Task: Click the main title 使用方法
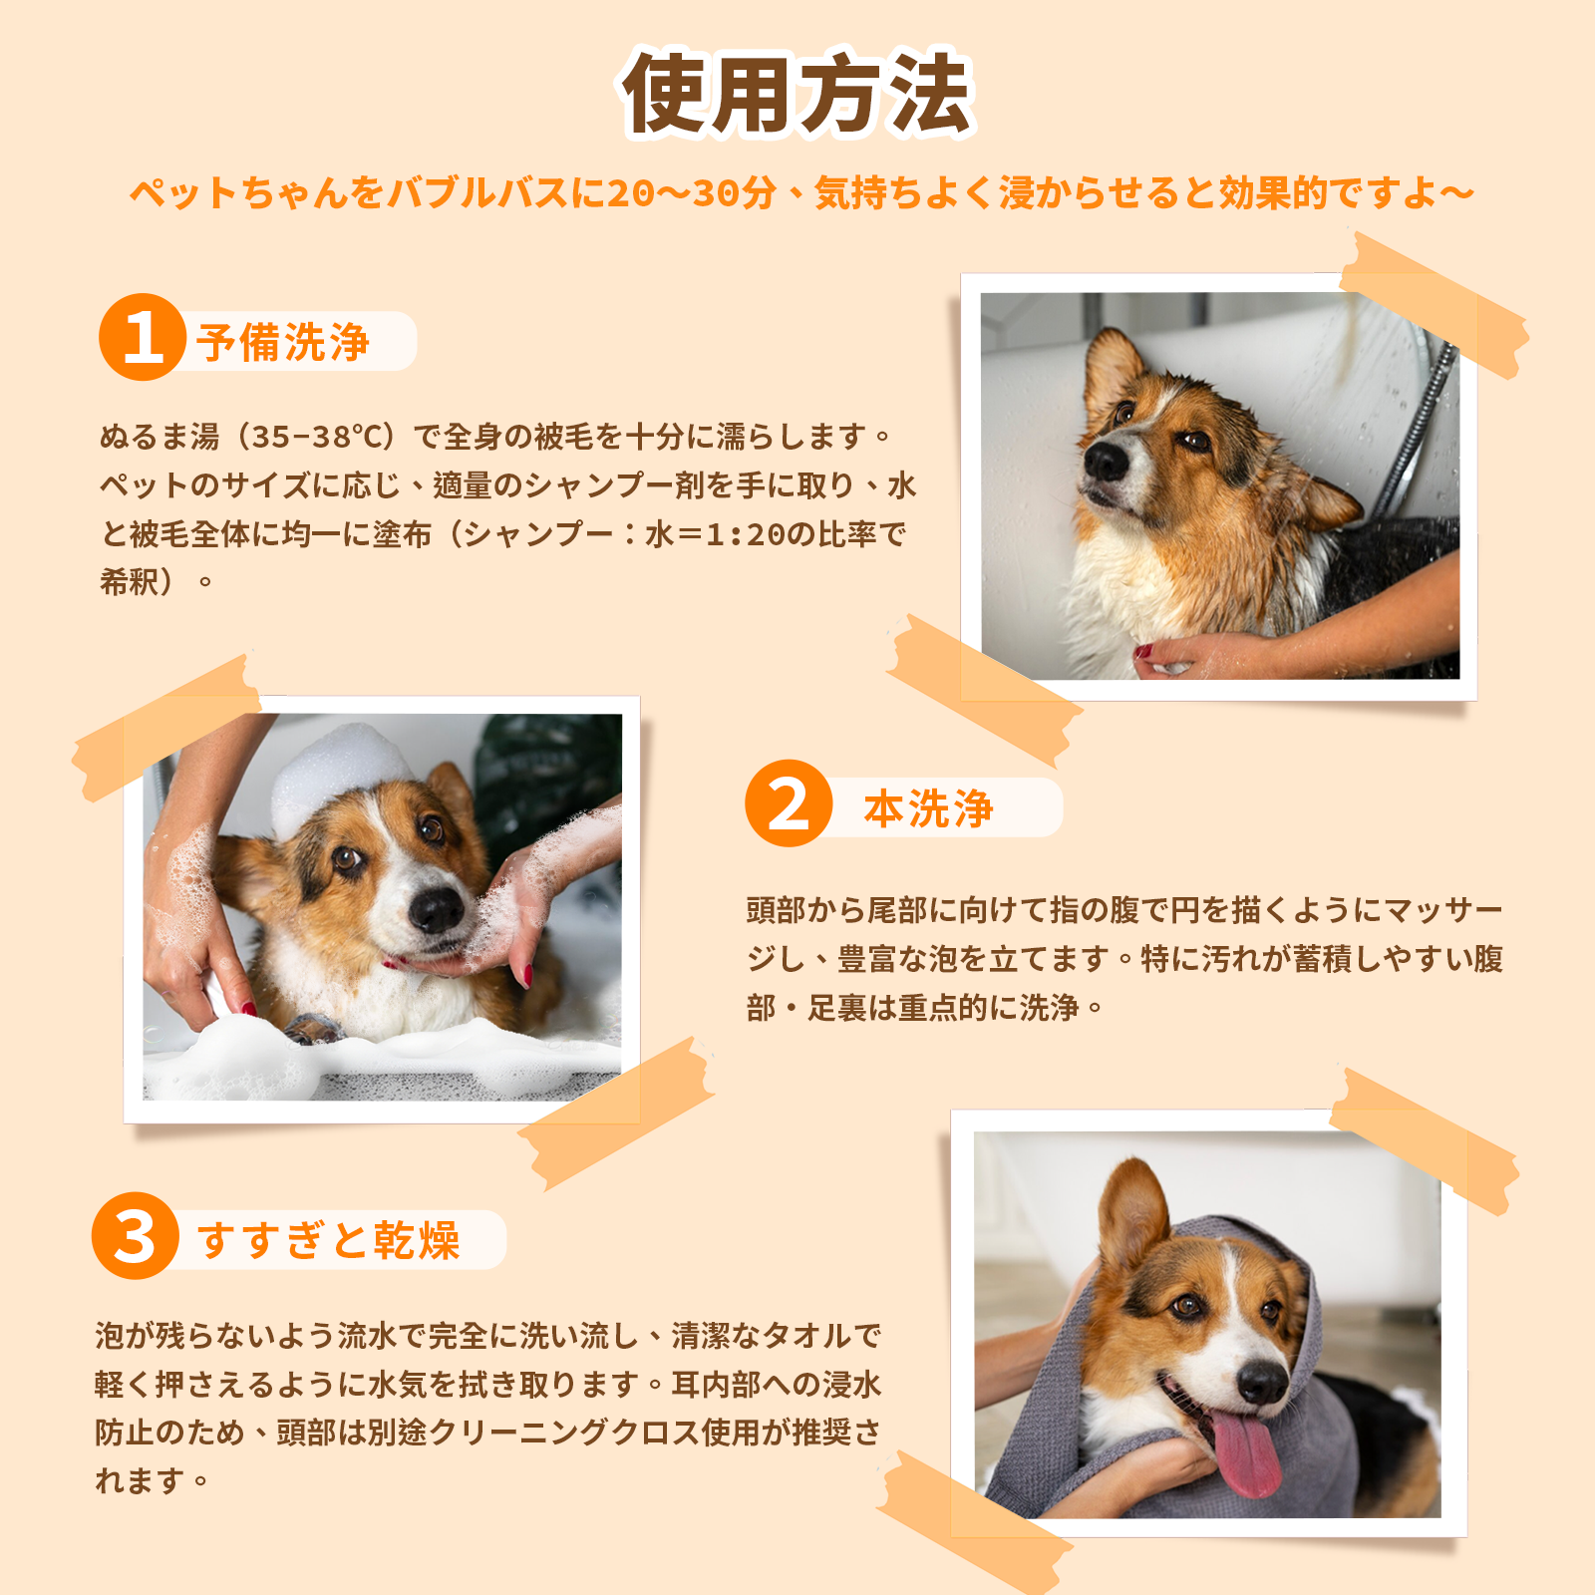click(797, 95)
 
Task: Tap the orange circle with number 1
click(143, 338)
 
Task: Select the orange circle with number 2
click(789, 803)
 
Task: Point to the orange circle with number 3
click(136, 1236)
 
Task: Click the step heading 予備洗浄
click(283, 342)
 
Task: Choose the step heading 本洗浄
click(928, 808)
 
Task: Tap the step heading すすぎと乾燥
click(329, 1240)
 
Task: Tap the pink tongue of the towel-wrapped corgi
click(1246, 1450)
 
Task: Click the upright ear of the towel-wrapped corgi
click(1134, 1211)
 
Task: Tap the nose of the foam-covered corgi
click(437, 909)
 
